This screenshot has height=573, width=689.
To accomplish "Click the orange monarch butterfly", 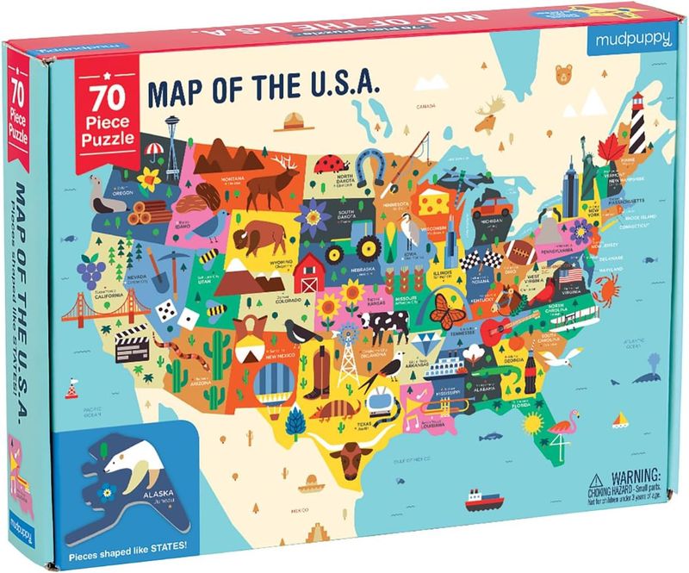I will pos(447,310).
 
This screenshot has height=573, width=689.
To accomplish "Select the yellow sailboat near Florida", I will pos(621,420).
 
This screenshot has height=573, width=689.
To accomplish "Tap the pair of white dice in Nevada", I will pos(192,306).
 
